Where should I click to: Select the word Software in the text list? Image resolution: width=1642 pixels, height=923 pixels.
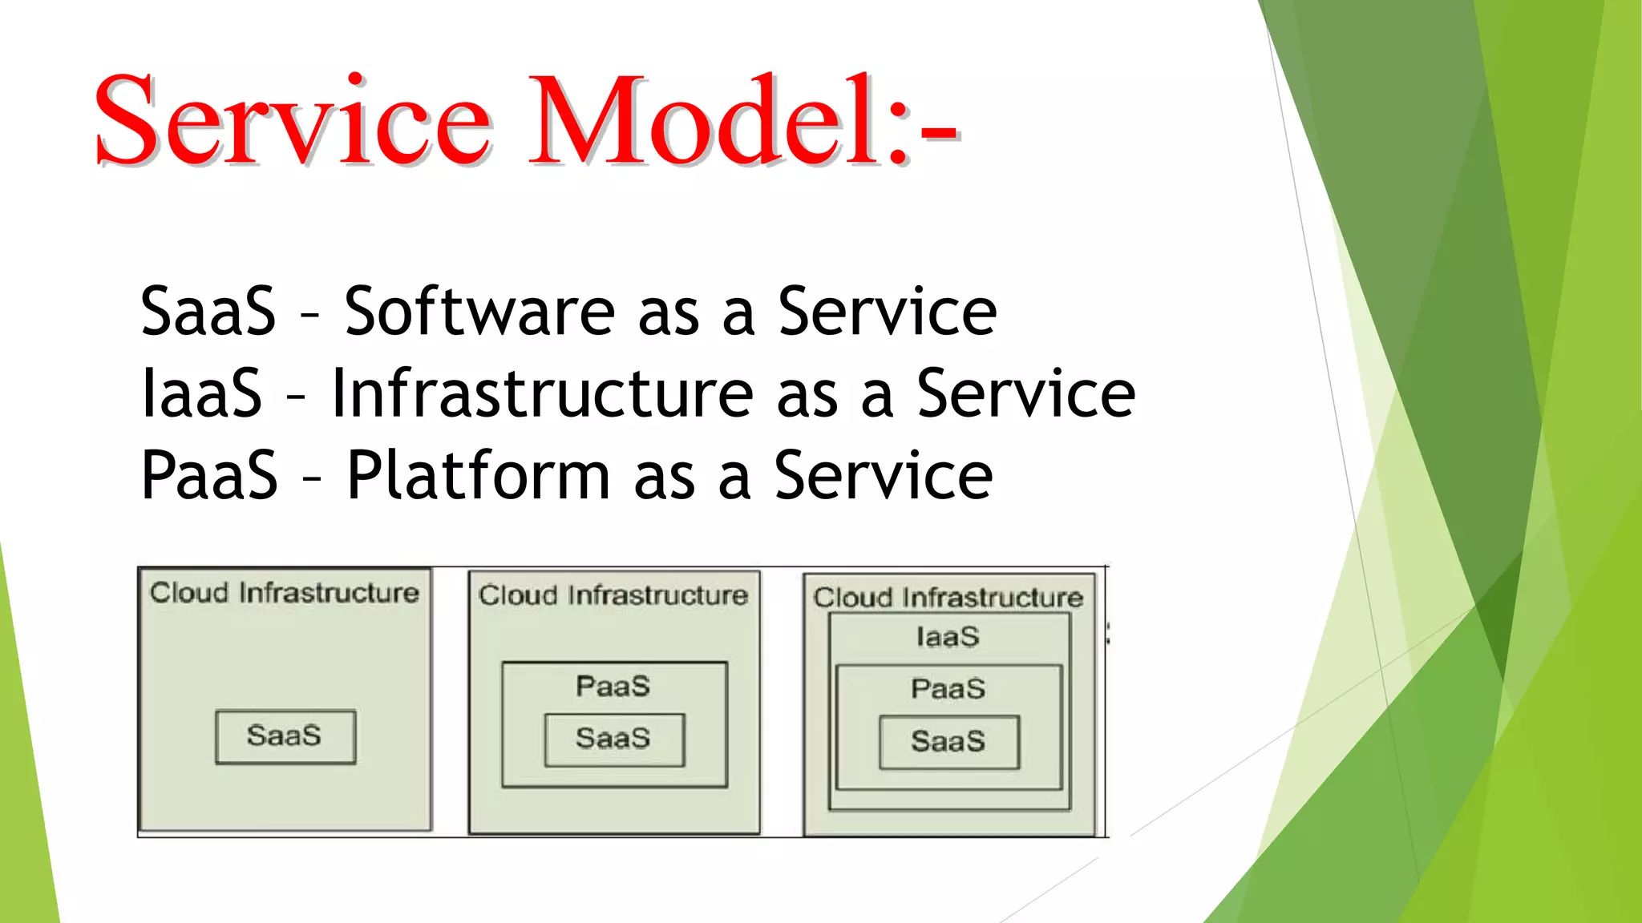[x=479, y=311]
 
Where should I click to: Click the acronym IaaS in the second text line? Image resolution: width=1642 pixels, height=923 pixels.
[x=201, y=393]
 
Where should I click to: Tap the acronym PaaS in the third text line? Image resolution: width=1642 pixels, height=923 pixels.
[x=209, y=476]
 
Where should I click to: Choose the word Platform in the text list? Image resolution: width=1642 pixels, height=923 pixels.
[x=479, y=476]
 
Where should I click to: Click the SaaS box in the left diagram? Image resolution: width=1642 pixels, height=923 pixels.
[x=285, y=736]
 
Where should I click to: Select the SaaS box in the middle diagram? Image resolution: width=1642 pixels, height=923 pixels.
[x=614, y=740]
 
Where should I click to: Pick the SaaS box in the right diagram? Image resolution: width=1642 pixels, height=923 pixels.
[x=948, y=742]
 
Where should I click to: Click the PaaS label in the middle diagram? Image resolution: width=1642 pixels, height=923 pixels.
[x=613, y=687]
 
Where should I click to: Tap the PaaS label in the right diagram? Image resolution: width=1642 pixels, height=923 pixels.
[x=948, y=689]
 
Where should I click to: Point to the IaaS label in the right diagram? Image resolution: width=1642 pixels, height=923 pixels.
[x=948, y=638]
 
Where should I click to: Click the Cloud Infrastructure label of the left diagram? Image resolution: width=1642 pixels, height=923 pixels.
[x=285, y=593]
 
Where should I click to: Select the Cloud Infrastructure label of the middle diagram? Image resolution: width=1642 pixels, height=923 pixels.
[x=613, y=595]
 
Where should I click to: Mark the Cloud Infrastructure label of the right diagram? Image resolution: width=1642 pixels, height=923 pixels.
[x=948, y=598]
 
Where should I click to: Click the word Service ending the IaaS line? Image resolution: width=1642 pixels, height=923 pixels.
[x=1025, y=393]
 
